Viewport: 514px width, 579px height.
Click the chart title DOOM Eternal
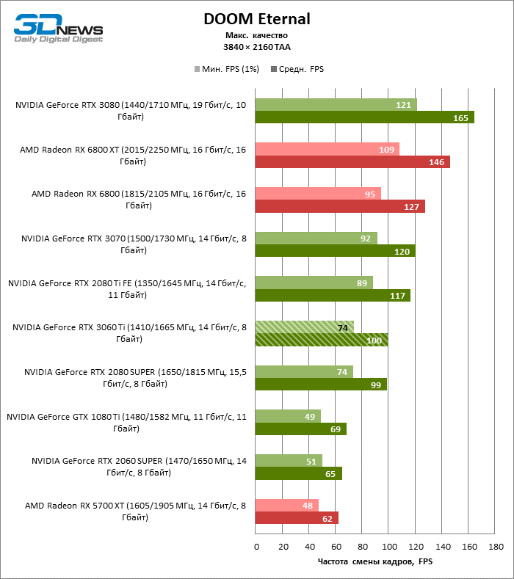point(257,19)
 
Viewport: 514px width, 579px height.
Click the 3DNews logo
point(58,29)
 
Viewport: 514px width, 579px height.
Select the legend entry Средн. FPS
point(297,69)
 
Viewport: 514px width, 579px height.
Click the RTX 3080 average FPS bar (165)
point(364,117)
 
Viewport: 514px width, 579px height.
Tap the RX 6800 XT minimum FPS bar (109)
point(327,149)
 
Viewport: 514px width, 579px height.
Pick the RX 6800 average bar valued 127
point(340,206)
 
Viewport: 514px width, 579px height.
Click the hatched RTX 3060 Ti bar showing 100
point(322,340)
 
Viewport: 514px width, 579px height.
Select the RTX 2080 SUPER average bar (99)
point(321,385)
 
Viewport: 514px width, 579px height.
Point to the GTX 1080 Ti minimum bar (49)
point(288,416)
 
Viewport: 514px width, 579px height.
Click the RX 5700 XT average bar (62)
point(297,518)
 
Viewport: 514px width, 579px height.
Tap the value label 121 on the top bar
point(403,105)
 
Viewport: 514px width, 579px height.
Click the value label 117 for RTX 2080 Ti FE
point(397,296)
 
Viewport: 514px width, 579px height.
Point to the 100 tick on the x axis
point(389,547)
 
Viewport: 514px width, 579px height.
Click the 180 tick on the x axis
point(496,547)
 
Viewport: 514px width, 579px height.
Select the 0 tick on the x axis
point(256,547)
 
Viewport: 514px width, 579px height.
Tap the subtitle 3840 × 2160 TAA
point(257,46)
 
